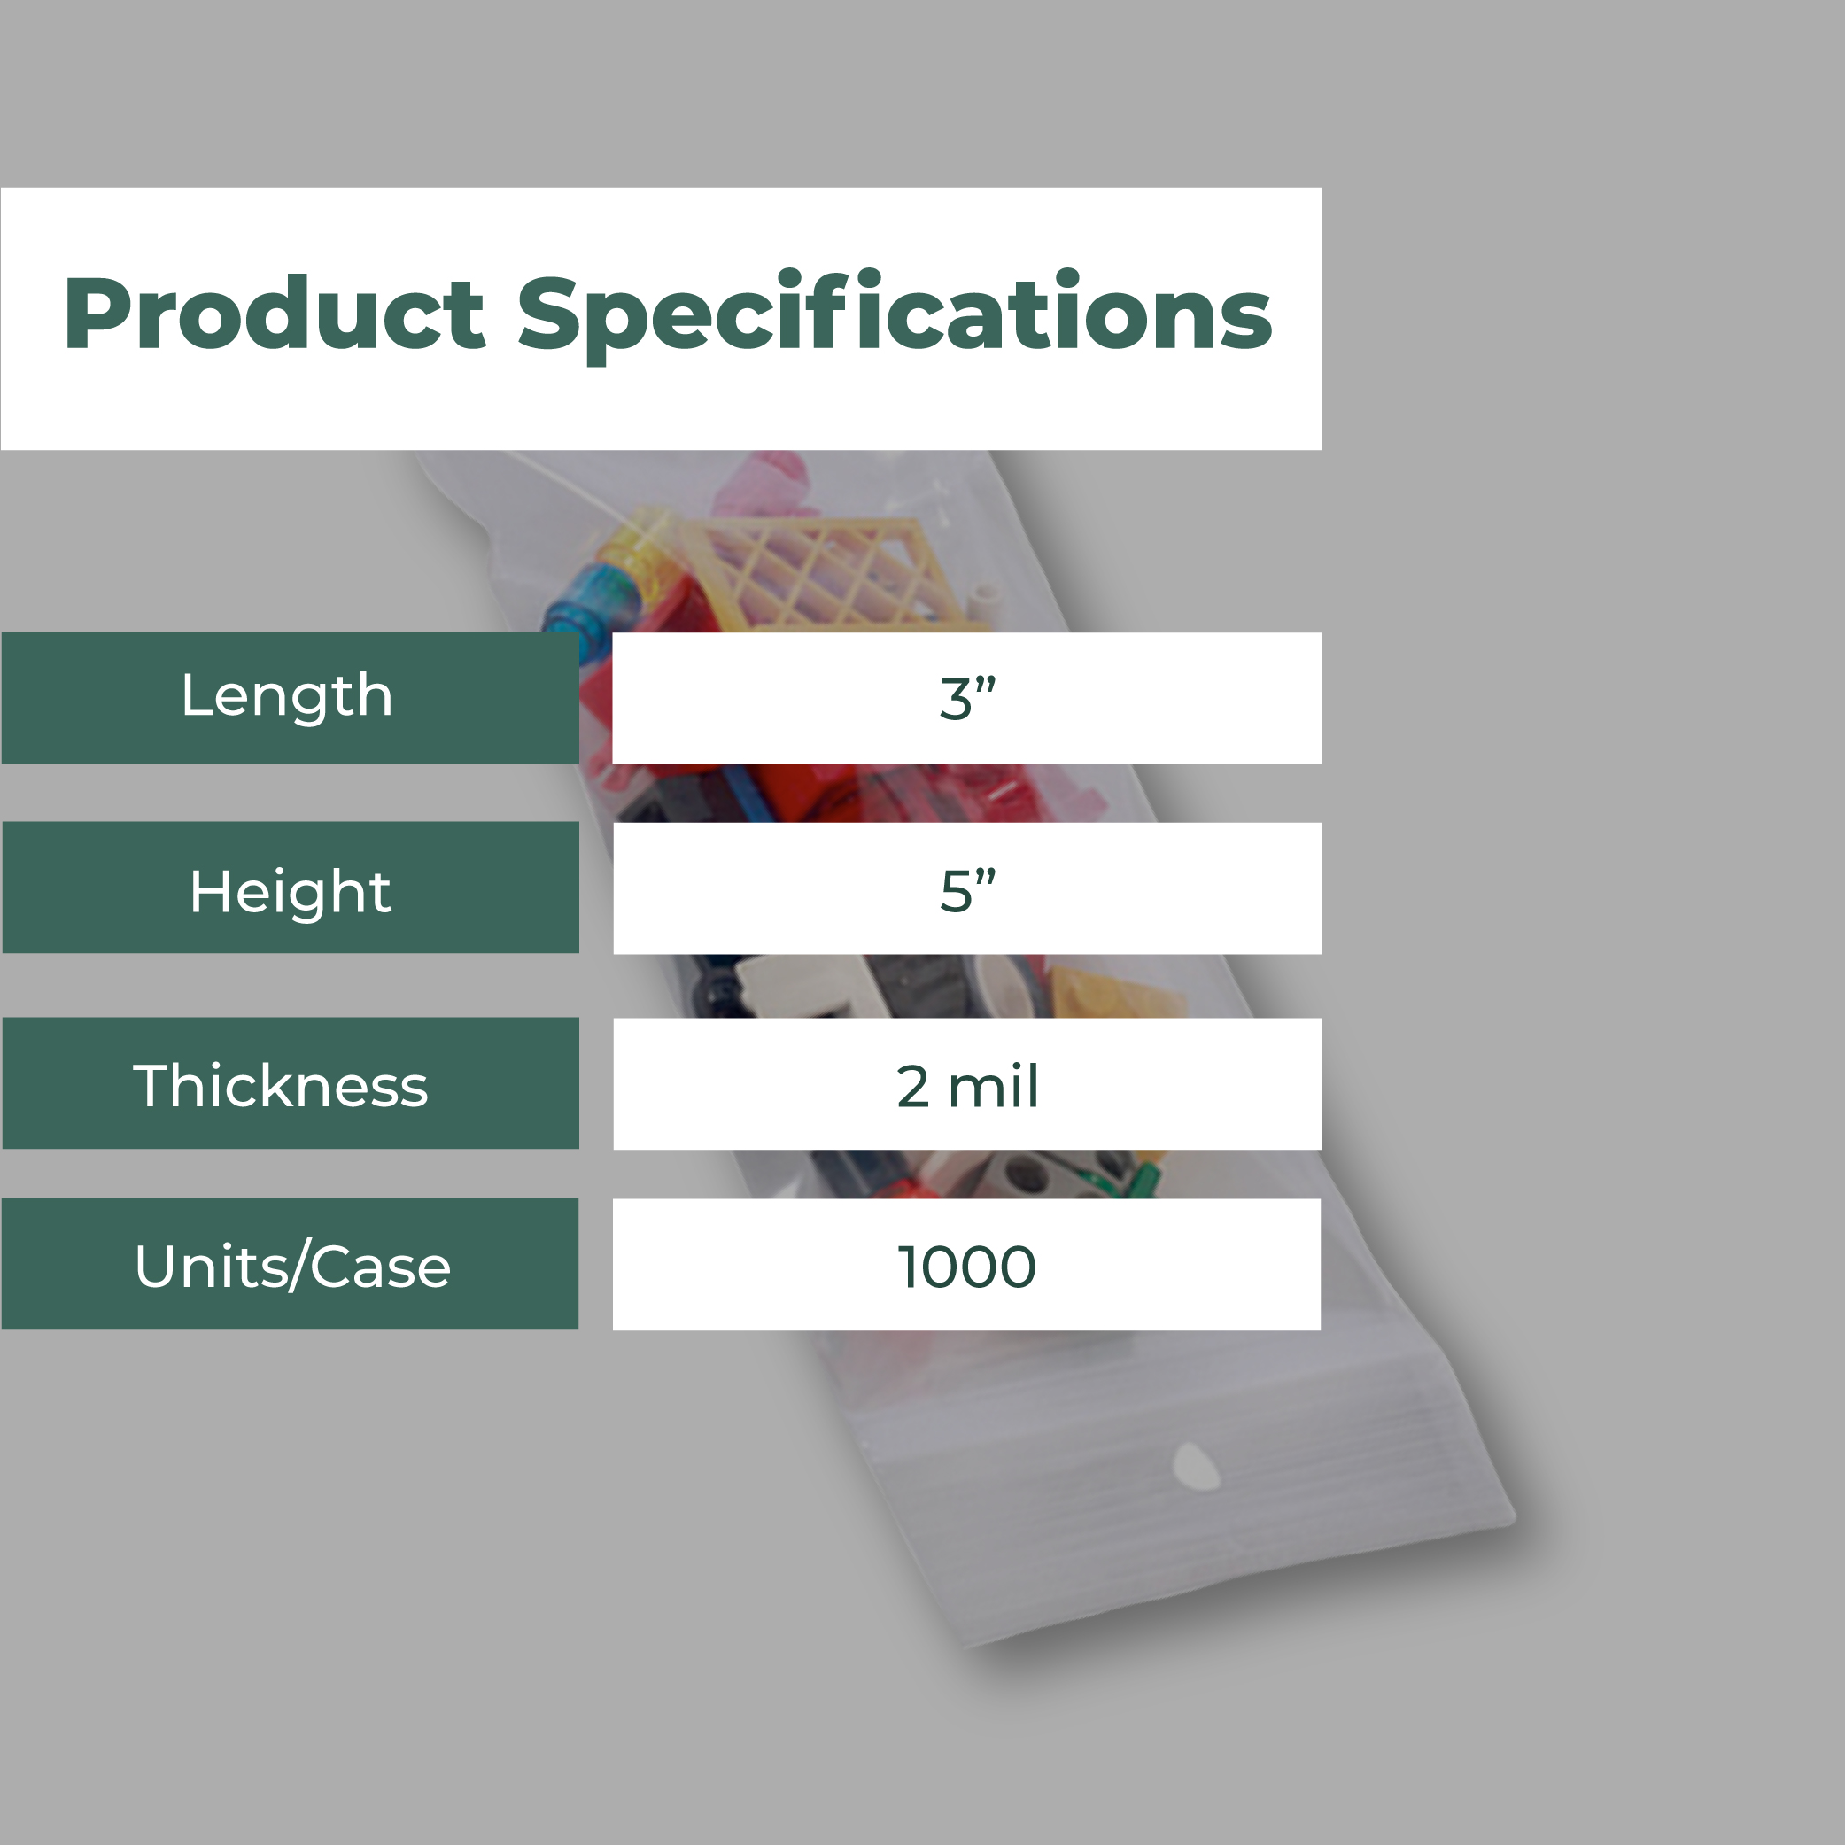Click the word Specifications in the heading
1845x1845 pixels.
[x=895, y=315]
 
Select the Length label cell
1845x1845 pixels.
[x=291, y=697]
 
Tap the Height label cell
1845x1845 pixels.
[x=291, y=888]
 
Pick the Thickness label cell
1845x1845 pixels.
[x=291, y=1083]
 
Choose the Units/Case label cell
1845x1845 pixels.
[x=291, y=1263]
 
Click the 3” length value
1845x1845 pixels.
[x=967, y=698]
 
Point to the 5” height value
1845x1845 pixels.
[x=967, y=890]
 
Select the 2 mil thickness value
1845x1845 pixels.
[x=967, y=1086]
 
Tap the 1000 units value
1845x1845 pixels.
[x=966, y=1267]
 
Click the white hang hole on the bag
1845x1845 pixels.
[x=1196, y=1468]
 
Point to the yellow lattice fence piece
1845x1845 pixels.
[x=821, y=573]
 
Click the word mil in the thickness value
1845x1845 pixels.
[x=993, y=1086]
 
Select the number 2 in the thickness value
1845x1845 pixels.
[x=913, y=1087]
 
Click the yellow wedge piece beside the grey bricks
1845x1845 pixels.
[x=1117, y=993]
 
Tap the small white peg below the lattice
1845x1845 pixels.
[x=984, y=603]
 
